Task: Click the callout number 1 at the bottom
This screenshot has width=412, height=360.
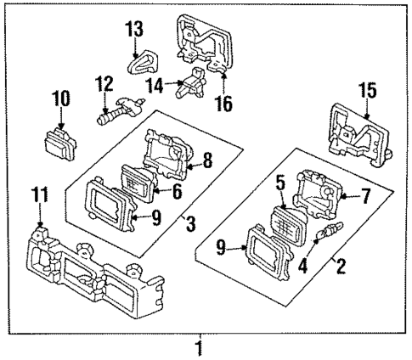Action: tap(200, 348)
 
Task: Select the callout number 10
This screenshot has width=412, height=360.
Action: tap(62, 98)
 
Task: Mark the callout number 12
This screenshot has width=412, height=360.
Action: tap(103, 84)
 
